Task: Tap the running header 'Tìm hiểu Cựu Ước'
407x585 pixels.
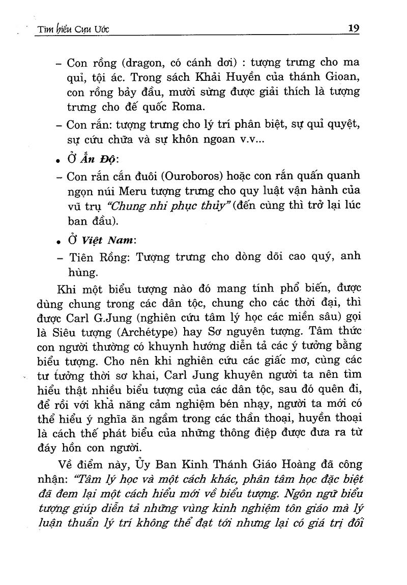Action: click(70, 30)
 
